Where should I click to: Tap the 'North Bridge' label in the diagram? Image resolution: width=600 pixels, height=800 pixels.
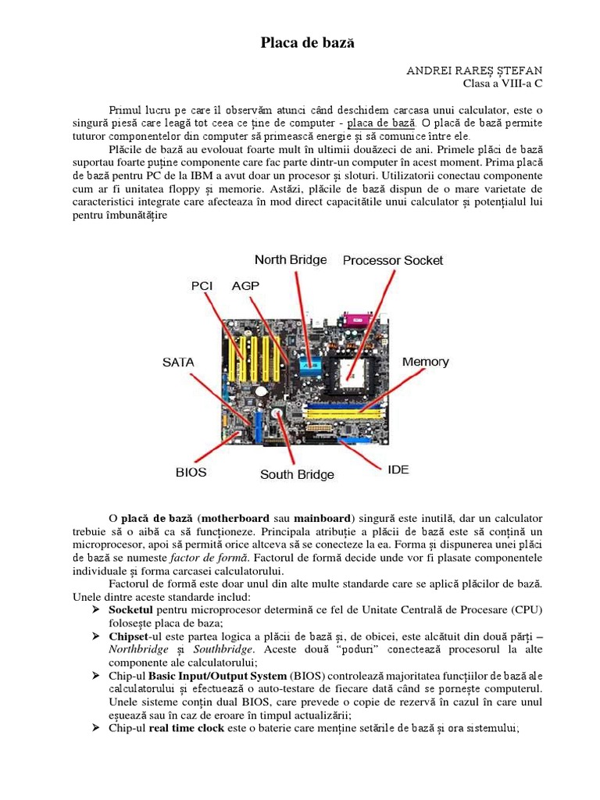(291, 259)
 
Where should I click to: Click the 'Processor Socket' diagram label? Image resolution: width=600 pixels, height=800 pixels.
(393, 260)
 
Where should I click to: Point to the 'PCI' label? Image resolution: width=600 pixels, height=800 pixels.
(202, 286)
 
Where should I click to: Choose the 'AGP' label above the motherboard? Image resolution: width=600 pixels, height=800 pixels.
(245, 286)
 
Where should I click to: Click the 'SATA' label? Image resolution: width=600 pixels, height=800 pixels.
(178, 362)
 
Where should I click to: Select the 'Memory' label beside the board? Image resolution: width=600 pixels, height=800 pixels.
(425, 362)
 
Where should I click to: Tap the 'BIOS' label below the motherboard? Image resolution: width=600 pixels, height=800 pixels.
(191, 472)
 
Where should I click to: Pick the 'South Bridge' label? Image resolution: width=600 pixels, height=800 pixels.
(297, 474)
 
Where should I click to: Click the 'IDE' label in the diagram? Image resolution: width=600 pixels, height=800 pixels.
(398, 470)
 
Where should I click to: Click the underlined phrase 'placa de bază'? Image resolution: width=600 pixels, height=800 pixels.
(380, 123)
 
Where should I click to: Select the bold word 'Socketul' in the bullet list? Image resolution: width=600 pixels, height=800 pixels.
(132, 609)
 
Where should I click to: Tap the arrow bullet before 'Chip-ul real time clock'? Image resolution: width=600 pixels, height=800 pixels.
(97, 728)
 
